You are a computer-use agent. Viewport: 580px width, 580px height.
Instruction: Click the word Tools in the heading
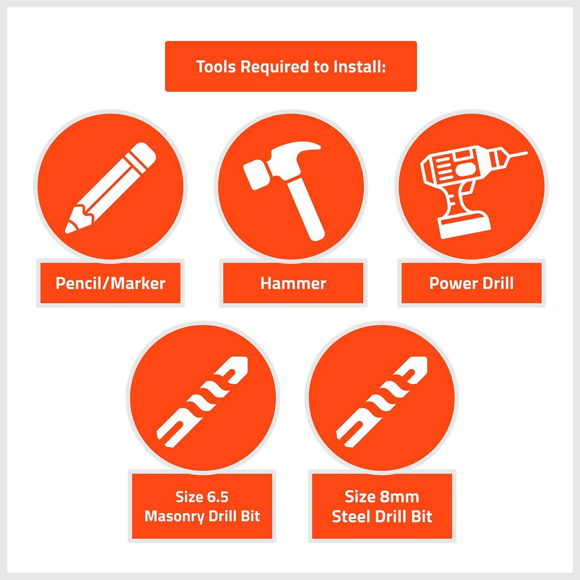(x=216, y=67)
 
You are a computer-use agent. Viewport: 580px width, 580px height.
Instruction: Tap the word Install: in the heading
(x=360, y=67)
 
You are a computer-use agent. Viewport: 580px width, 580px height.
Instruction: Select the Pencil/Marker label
(x=111, y=283)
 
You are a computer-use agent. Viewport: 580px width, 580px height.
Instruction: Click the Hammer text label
(x=293, y=284)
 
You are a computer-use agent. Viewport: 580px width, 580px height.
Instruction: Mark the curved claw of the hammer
(x=304, y=147)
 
